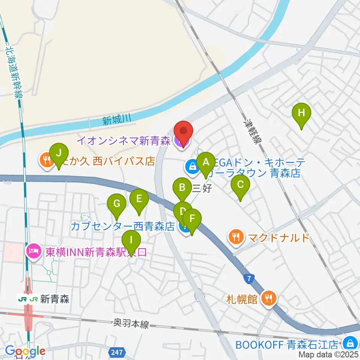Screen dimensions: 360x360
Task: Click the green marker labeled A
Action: pyautogui.click(x=205, y=163)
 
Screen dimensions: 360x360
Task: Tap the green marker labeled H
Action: pyautogui.click(x=301, y=113)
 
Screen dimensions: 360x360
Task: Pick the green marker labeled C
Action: pyautogui.click(x=240, y=185)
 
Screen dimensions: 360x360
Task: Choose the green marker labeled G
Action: pyautogui.click(x=117, y=204)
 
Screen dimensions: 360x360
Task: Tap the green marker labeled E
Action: pyautogui.click(x=139, y=199)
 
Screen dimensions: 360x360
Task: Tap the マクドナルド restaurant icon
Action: pyautogui.click(x=235, y=237)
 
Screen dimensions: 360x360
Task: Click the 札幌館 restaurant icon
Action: pyautogui.click(x=268, y=298)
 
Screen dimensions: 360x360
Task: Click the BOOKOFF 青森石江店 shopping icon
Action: pyautogui.click(x=349, y=343)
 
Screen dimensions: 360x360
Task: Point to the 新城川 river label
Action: pyautogui.click(x=116, y=120)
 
